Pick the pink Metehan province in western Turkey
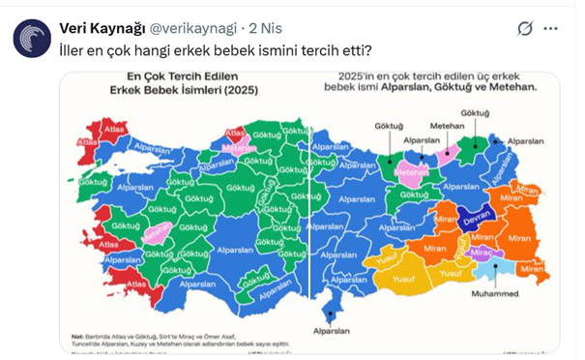(155, 233)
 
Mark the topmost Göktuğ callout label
(475, 113)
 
